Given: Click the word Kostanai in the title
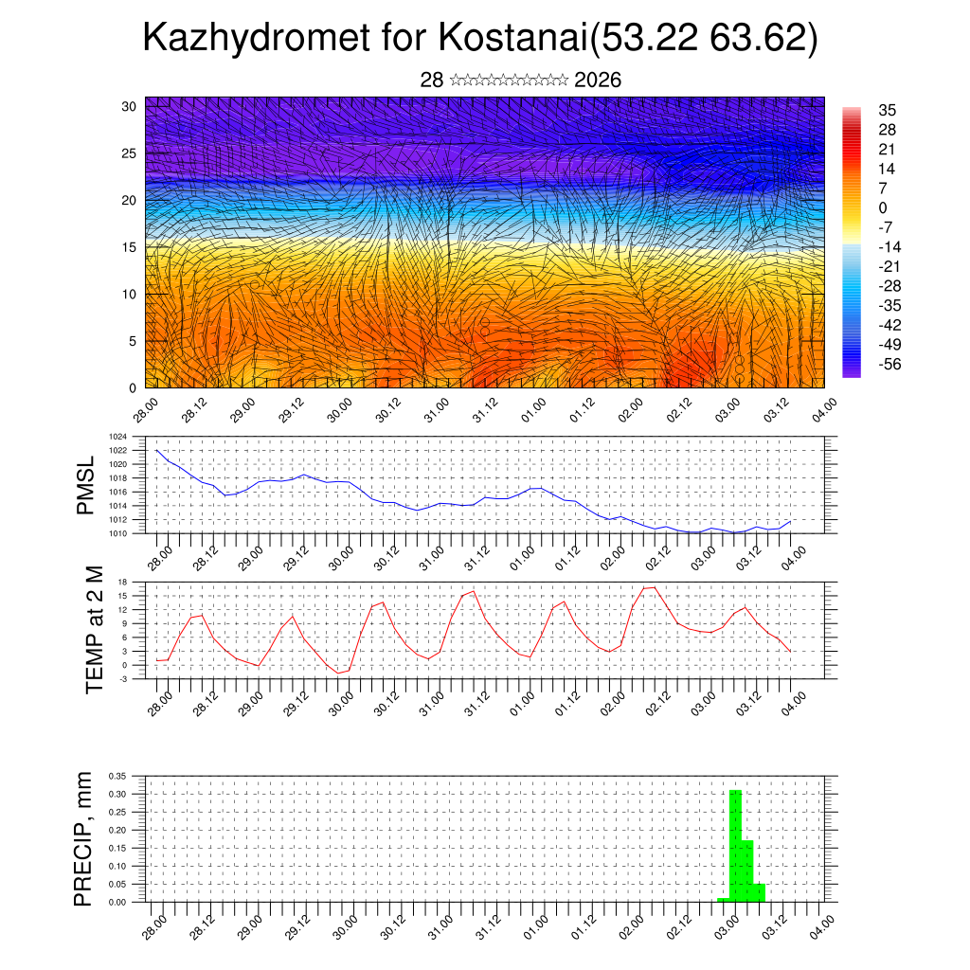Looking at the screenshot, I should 510,38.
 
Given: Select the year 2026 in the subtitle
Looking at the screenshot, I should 598,81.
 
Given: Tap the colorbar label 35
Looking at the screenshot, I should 888,110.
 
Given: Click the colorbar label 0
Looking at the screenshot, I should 883,207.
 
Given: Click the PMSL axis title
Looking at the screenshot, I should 86,486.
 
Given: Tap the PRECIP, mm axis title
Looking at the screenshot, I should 84,839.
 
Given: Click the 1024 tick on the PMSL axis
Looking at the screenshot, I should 119,437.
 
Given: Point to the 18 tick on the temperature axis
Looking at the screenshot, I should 123,582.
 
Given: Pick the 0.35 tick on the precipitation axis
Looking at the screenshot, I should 117,776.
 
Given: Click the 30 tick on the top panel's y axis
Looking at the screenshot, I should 129,106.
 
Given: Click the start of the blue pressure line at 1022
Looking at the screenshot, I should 157,451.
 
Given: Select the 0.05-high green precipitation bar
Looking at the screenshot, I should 760,892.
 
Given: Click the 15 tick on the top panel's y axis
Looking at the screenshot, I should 129,247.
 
